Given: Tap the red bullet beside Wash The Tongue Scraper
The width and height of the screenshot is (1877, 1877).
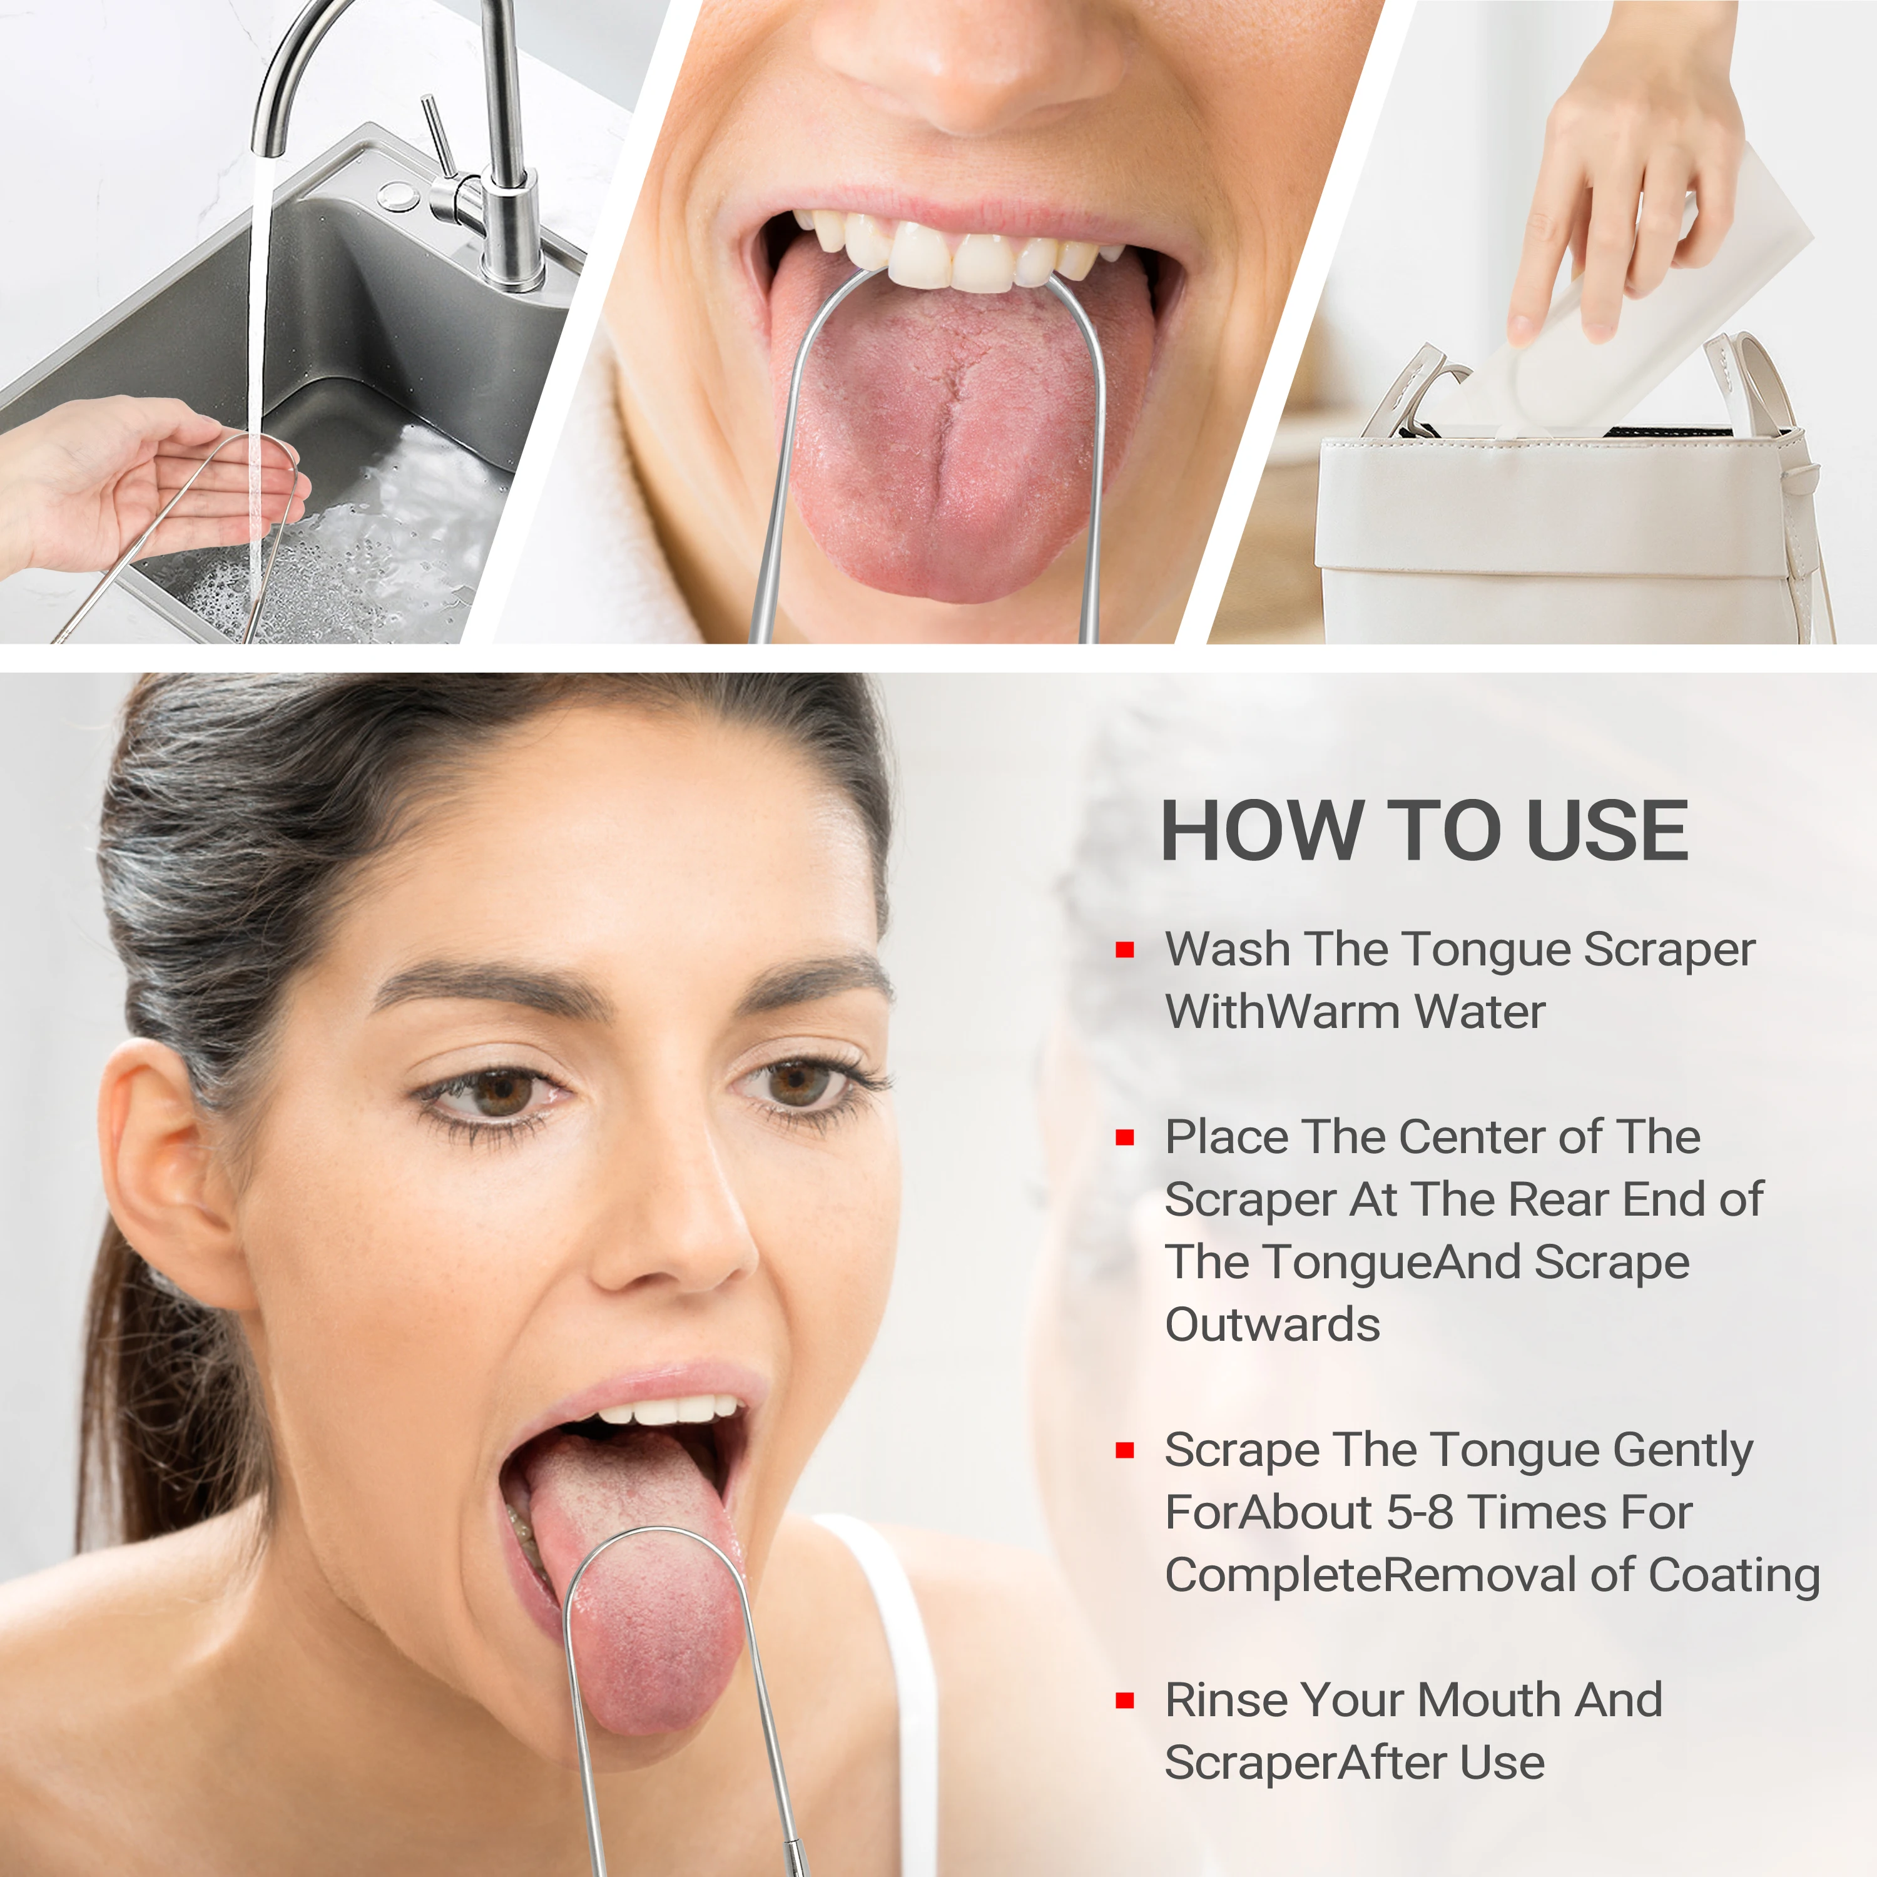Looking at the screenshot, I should [1125, 950].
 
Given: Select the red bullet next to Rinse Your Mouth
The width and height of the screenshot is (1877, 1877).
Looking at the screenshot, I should [1125, 1700].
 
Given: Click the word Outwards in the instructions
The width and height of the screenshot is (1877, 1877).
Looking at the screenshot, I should [1272, 1325].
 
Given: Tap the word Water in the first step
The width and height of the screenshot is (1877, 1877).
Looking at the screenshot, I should [1480, 1012].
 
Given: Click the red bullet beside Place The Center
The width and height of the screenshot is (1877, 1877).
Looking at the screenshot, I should [1125, 1137].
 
